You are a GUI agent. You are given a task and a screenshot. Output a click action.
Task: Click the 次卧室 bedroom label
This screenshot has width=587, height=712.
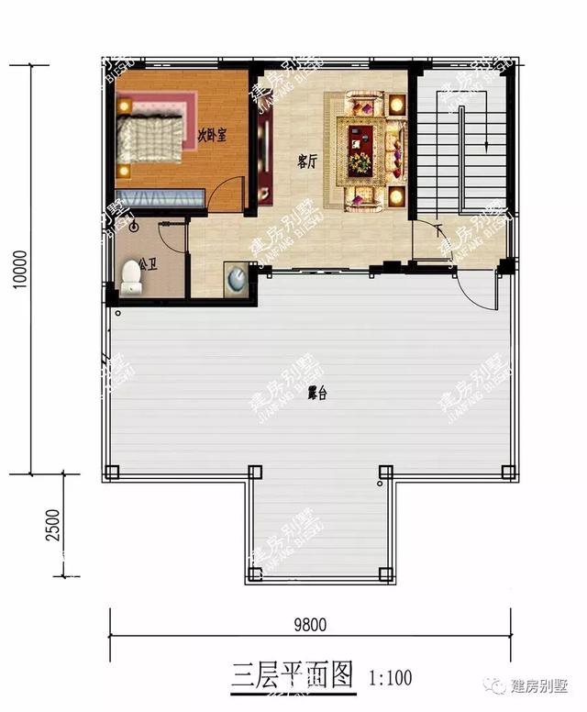click(x=213, y=134)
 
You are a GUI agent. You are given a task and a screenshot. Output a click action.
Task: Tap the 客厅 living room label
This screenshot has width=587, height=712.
click(x=307, y=161)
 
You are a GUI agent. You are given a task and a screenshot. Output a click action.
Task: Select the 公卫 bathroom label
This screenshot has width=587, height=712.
click(x=149, y=266)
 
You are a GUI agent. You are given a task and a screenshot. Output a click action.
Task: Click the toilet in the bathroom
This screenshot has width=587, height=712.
click(x=130, y=279)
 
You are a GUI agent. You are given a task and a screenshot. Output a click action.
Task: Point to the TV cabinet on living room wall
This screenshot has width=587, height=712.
click(x=264, y=161)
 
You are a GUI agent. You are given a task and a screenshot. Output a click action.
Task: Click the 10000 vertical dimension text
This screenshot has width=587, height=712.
click(x=21, y=271)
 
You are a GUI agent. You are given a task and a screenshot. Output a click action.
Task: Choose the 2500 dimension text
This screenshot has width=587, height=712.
click(x=54, y=527)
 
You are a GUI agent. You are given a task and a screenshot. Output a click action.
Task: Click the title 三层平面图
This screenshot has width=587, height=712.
click(x=293, y=677)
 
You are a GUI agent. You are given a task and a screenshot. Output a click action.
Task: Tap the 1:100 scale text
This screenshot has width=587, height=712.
click(x=390, y=679)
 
